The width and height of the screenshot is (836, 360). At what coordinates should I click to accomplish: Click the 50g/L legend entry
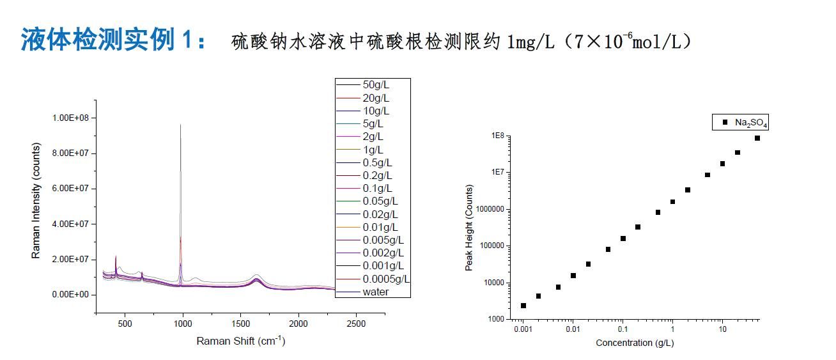(x=375, y=85)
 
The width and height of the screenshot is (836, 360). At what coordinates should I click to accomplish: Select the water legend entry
(x=375, y=292)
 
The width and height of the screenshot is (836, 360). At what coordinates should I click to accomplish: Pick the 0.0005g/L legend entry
(x=386, y=279)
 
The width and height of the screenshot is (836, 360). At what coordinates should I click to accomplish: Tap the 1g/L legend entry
(x=373, y=150)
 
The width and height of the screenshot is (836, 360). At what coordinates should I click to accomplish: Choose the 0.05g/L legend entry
(x=380, y=201)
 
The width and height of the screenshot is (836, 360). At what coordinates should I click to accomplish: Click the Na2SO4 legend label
(x=746, y=122)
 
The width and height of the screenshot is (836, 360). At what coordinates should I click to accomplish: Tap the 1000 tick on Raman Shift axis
(x=183, y=324)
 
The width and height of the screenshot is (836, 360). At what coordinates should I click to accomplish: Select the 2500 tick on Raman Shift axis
(x=355, y=324)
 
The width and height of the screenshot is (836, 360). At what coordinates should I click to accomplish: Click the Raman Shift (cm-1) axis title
(x=240, y=341)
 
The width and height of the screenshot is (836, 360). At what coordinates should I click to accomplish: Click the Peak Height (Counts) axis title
(x=468, y=228)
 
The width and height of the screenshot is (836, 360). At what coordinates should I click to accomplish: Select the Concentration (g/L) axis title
(x=635, y=343)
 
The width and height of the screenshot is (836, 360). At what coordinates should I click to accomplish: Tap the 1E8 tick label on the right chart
(x=498, y=136)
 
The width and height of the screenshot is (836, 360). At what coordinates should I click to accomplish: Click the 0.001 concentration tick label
(x=523, y=329)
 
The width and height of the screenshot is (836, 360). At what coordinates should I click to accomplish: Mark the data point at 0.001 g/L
(x=523, y=306)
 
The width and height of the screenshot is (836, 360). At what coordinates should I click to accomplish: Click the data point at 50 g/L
(x=757, y=138)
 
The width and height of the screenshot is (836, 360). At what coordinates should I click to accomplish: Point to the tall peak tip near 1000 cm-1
(x=180, y=125)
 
